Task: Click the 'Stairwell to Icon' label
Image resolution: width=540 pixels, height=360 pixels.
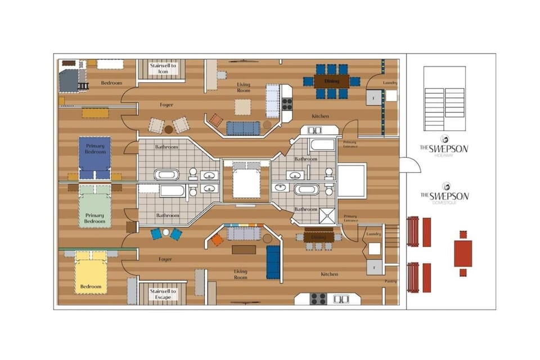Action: pos(163,69)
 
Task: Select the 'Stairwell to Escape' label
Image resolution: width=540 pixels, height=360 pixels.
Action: pos(163,294)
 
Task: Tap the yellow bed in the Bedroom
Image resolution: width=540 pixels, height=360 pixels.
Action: pos(91,273)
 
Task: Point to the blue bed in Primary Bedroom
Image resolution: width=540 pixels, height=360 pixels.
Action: pos(95,157)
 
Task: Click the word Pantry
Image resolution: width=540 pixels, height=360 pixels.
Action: pos(391,281)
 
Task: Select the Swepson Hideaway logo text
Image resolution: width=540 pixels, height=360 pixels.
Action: pos(444,149)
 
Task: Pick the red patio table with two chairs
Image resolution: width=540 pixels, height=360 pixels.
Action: pos(463,254)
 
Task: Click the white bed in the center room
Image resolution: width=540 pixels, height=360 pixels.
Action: pos(246,181)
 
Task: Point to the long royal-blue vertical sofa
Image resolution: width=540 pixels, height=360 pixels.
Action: pos(273,262)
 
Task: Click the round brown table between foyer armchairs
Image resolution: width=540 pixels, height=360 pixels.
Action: pos(168,129)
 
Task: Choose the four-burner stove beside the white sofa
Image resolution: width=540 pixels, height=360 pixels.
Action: pos(287,104)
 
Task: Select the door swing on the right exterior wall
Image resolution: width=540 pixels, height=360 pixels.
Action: pos(411,165)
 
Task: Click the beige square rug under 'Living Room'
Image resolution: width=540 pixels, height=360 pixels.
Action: pos(242,107)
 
